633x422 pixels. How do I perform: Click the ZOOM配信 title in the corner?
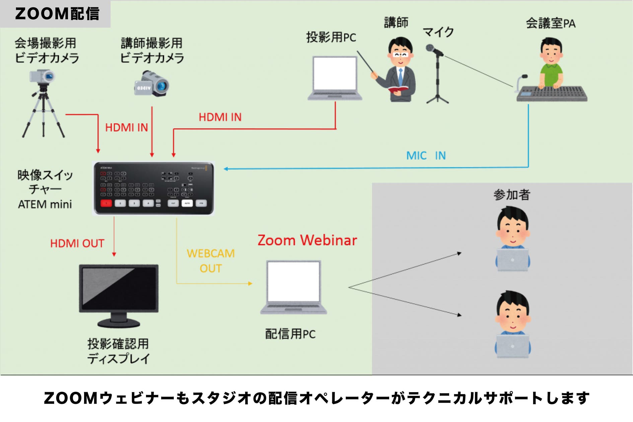click(57, 14)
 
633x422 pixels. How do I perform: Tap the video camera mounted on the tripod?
click(42, 77)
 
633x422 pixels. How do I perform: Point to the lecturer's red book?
click(398, 89)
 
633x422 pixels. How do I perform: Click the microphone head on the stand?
click(430, 48)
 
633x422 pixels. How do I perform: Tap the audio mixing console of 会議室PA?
click(552, 94)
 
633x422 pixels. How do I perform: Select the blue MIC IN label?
click(426, 156)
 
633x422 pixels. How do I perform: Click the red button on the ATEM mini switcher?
click(106, 203)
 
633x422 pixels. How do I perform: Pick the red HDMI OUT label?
click(77, 243)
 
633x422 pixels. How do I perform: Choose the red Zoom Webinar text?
click(307, 240)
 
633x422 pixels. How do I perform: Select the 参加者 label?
click(512, 195)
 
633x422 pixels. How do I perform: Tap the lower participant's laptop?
click(512, 346)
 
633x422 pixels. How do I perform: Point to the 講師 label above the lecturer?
click(396, 23)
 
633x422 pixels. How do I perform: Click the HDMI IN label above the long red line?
click(220, 117)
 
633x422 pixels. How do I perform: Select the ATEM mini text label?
click(45, 204)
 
